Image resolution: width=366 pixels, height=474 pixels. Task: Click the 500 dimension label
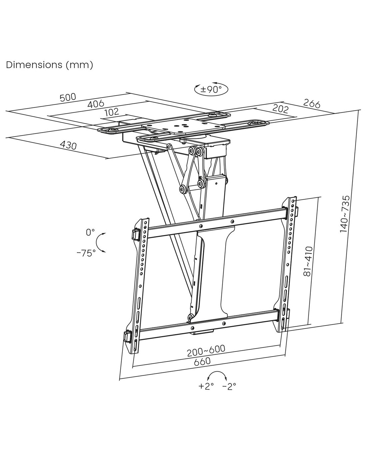click(x=68, y=98)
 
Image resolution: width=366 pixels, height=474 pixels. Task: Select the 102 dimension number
click(x=112, y=112)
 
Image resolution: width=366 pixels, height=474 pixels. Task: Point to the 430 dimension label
click(x=68, y=145)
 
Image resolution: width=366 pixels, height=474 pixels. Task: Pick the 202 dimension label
click(x=280, y=109)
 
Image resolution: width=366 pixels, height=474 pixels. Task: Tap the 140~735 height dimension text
click(x=345, y=214)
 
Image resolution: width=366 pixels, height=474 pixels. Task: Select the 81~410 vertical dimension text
click(x=308, y=261)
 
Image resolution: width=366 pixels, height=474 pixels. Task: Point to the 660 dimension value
click(x=202, y=361)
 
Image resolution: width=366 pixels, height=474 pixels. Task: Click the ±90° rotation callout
click(x=211, y=89)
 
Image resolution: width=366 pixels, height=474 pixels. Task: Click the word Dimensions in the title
click(x=34, y=65)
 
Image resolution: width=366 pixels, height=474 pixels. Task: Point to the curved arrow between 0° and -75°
click(x=97, y=242)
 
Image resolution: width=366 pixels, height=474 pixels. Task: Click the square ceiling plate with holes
click(x=183, y=127)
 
